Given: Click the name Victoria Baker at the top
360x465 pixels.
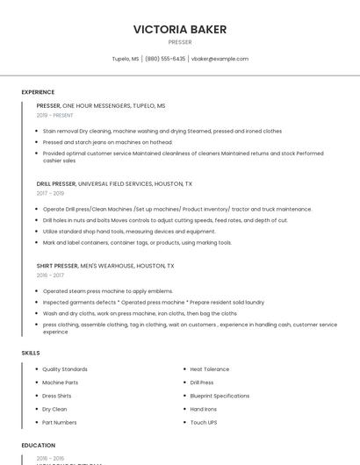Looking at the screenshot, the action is tap(180, 29).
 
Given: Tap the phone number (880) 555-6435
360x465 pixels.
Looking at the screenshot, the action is tap(165, 59).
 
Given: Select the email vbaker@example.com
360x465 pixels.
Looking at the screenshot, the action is tap(220, 59).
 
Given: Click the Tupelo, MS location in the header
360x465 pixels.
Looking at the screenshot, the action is tap(126, 59).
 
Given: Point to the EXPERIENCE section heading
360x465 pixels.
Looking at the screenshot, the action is tap(38, 92).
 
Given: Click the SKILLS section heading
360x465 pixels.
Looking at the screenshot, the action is tap(31, 353).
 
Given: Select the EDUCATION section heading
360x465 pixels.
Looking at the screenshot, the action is tap(39, 446).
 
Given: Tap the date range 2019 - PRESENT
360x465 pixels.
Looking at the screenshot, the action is tap(56, 115).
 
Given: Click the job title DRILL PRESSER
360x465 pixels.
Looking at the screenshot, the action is tap(56, 184).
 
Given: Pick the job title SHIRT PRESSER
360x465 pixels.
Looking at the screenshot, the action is tap(57, 265).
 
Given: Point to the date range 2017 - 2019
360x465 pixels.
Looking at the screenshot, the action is tap(50, 193).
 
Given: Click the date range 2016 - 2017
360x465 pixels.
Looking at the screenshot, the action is tap(50, 275).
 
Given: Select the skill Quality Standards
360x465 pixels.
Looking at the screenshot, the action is tap(65, 369).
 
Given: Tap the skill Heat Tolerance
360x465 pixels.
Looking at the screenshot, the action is tap(210, 369).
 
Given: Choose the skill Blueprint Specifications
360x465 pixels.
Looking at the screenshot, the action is tap(220, 396).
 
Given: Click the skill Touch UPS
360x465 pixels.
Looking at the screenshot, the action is tap(204, 423).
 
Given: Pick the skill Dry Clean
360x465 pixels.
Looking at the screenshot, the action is tap(54, 409).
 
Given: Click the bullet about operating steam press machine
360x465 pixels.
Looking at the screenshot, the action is tap(108, 290).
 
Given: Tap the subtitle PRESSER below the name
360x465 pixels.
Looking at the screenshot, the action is tap(180, 42).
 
